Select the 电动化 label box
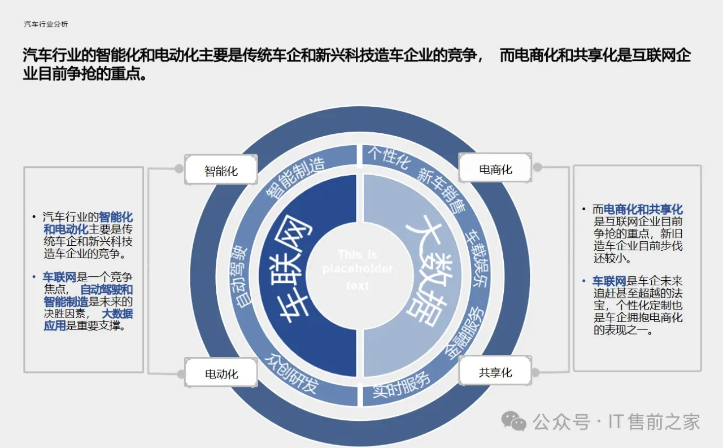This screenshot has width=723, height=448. [x=221, y=373]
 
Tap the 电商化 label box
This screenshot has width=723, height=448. [x=495, y=169]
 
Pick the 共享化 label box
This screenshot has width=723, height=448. [x=495, y=372]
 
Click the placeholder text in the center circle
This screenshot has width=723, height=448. [x=358, y=270]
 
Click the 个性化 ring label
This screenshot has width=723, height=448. [x=389, y=158]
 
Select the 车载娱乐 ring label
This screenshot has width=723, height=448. [x=476, y=257]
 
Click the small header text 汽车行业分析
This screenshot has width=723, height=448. [x=46, y=24]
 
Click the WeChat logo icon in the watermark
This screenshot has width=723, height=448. [x=515, y=421]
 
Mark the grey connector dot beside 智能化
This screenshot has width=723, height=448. [x=179, y=168]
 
